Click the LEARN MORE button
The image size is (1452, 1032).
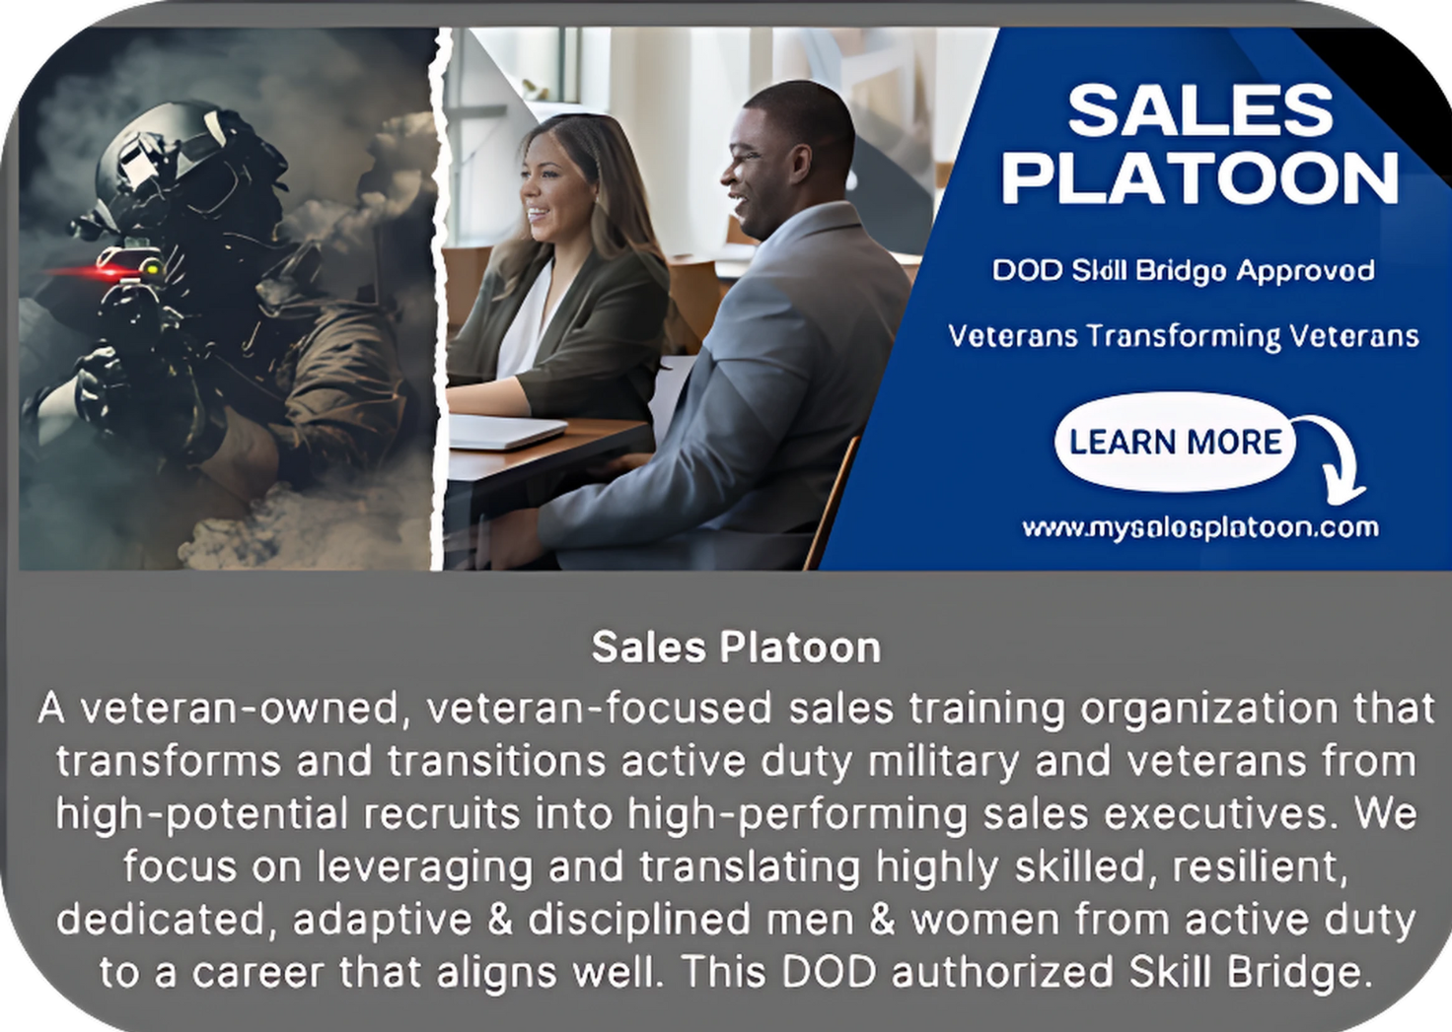[1175, 442]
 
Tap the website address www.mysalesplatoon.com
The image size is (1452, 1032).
[1200, 528]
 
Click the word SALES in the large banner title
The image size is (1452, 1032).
[1200, 110]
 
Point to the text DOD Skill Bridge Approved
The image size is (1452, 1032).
[1183, 271]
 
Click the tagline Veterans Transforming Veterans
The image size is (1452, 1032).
[1184, 336]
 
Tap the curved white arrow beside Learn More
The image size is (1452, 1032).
[1336, 456]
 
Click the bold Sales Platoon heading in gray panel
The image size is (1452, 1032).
[737, 647]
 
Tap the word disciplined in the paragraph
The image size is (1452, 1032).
[640, 920]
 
